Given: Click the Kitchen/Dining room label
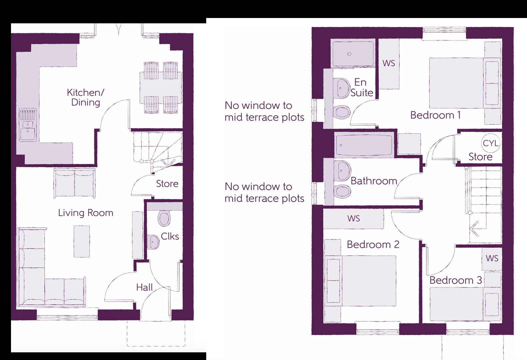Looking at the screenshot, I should (85, 97).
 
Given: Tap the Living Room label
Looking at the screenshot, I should (86, 213).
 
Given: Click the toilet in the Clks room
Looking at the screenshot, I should (164, 218).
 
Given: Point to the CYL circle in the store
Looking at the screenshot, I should (491, 143).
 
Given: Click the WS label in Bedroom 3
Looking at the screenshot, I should (492, 258).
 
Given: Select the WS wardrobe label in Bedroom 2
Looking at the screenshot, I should (353, 219).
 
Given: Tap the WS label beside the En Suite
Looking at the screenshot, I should (388, 63).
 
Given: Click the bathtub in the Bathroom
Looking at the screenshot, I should (364, 145).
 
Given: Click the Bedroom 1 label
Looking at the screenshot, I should (435, 115).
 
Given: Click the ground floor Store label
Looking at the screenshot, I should (167, 184).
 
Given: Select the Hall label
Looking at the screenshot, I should (144, 287).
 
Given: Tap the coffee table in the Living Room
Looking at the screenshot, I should (82, 241).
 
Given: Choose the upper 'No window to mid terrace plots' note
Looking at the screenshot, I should (264, 111).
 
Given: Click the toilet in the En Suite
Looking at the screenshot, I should (341, 112).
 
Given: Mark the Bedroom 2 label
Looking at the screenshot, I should (373, 245).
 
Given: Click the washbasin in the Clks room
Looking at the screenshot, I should (153, 241).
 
